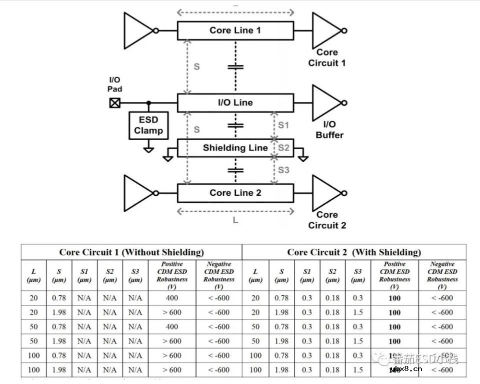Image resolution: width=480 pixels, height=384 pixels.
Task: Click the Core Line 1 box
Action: (235, 31)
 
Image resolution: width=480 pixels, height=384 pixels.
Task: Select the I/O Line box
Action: (235, 103)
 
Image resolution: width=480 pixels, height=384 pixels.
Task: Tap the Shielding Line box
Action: (235, 148)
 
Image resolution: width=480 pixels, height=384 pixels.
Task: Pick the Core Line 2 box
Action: (235, 193)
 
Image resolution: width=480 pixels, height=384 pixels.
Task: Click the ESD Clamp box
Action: (148, 125)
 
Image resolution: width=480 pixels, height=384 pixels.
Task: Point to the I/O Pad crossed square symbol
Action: (115, 103)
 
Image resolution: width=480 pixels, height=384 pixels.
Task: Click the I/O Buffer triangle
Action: (325, 102)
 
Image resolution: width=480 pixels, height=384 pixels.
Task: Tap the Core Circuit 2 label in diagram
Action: (327, 220)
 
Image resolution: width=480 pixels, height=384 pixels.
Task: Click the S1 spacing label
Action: (283, 125)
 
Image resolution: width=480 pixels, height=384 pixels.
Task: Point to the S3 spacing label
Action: (283, 170)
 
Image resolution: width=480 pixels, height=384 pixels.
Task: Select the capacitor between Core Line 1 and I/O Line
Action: (235, 67)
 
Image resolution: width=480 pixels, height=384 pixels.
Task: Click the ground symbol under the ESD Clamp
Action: (148, 149)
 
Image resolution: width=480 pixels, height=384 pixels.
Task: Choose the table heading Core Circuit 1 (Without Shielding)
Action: (131, 252)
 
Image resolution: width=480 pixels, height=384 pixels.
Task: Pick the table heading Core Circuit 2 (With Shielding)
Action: (354, 252)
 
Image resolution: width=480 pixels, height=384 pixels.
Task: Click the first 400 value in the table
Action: (172, 298)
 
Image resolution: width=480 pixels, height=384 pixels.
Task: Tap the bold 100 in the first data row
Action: (394, 298)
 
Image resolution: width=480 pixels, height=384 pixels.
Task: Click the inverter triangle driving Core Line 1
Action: (137, 31)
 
